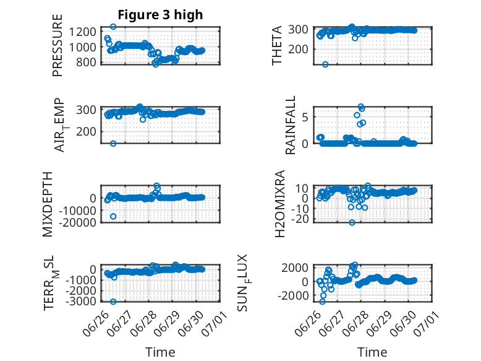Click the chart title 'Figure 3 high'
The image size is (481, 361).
[x=160, y=14]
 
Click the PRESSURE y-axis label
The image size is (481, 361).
[x=57, y=45]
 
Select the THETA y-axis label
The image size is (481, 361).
[x=277, y=45]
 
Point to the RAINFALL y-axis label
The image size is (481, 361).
[x=290, y=125]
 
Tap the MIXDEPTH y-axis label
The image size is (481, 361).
[x=48, y=204]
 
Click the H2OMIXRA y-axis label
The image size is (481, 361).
[x=280, y=204]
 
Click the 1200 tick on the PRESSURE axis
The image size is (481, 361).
[x=82, y=32]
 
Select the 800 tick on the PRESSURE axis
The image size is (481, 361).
[x=86, y=62]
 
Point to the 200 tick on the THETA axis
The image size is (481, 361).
[x=298, y=49]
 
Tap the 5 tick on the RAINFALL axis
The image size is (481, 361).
[x=305, y=117]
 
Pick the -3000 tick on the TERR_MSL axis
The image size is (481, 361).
[x=80, y=301]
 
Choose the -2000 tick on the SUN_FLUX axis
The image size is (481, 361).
[x=293, y=295]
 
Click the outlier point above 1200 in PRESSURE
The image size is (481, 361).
[x=113, y=27]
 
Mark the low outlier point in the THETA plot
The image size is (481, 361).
[x=325, y=64]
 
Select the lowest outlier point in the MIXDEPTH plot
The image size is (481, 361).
[x=113, y=217]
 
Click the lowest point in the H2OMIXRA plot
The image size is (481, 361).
[x=352, y=222]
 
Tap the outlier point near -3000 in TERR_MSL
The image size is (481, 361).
[x=113, y=302]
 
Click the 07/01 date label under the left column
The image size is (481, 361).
[x=215, y=323]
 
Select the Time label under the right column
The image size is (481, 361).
[x=372, y=352]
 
